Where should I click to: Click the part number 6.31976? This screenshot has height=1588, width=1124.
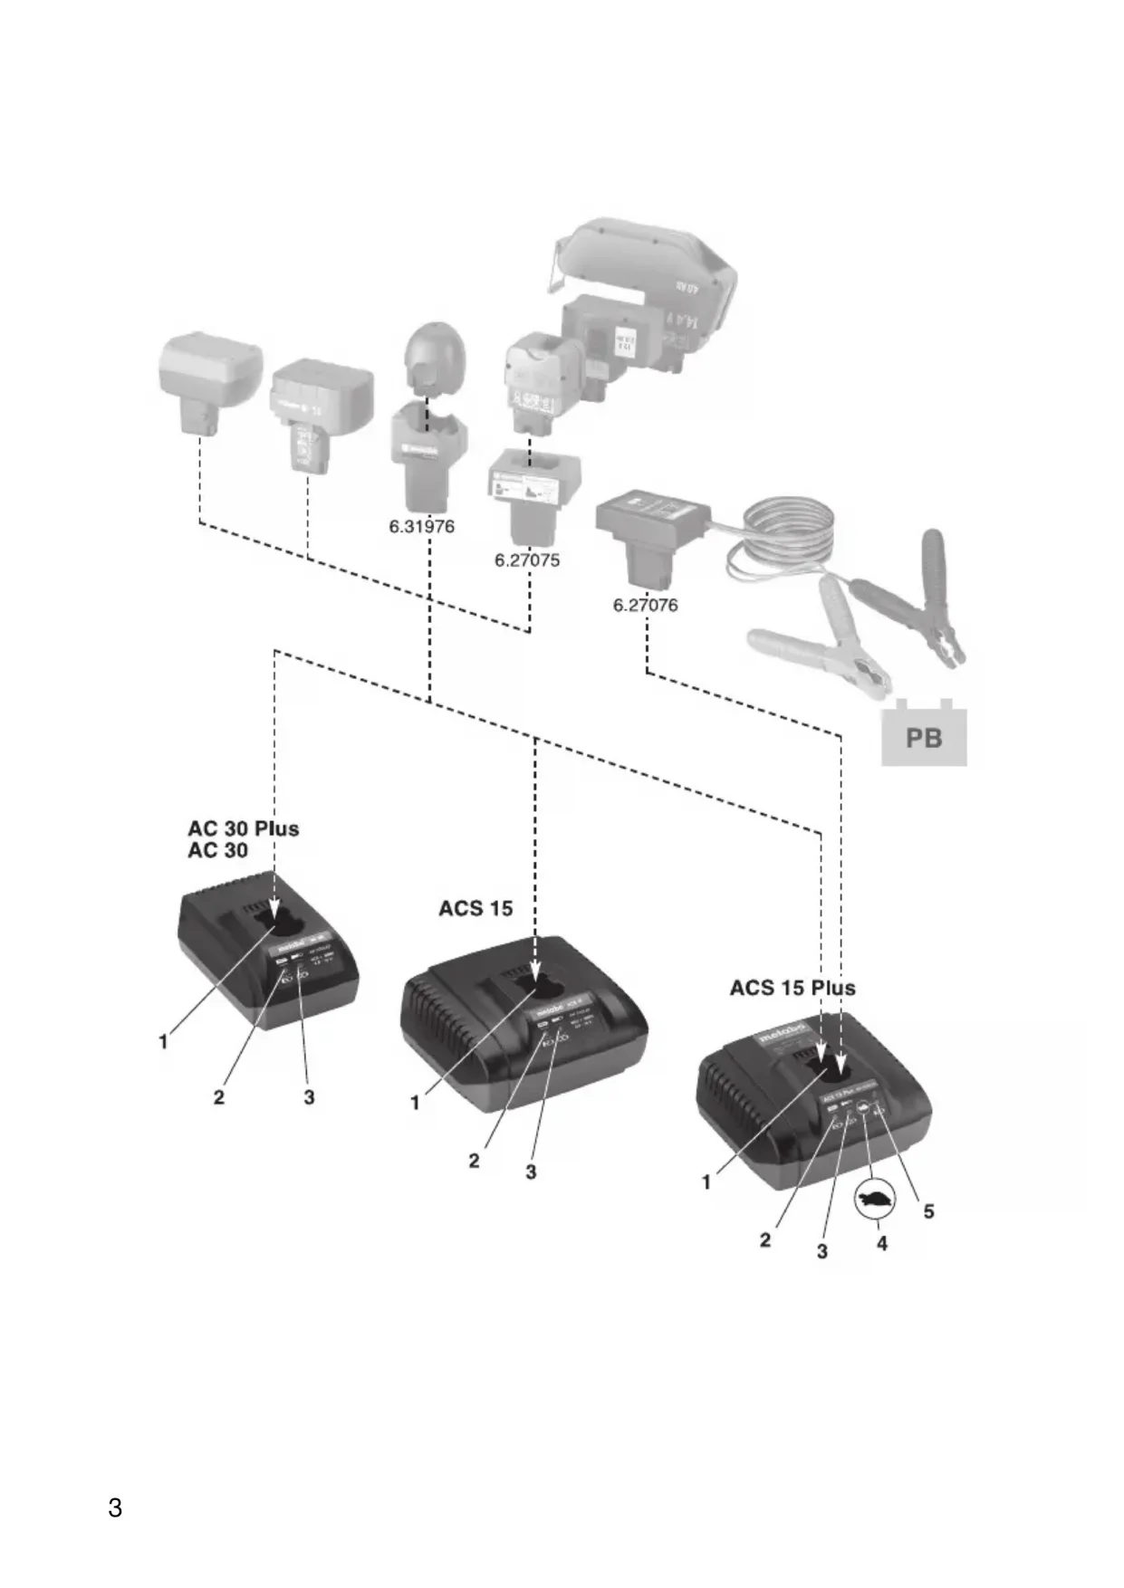pyautogui.click(x=422, y=526)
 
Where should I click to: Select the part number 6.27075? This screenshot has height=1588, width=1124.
pyautogui.click(x=527, y=560)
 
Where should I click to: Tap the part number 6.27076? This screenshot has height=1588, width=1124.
pyautogui.click(x=645, y=604)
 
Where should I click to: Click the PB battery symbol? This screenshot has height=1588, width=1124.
pyautogui.click(x=924, y=737)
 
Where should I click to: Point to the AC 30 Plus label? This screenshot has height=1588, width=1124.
pyautogui.click(x=243, y=828)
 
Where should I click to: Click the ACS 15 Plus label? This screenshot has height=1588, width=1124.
pyautogui.click(x=793, y=987)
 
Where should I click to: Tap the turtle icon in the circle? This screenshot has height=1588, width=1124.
pyautogui.click(x=875, y=1200)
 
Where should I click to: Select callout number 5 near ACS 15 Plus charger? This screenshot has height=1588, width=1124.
pyautogui.click(x=928, y=1211)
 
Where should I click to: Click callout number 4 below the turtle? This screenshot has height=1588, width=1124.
pyautogui.click(x=882, y=1243)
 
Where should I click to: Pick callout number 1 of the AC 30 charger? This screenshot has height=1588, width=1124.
pyautogui.click(x=164, y=1041)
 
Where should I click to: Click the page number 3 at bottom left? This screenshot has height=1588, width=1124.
pyautogui.click(x=115, y=1507)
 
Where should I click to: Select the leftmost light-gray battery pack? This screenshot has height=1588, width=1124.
pyautogui.click(x=210, y=380)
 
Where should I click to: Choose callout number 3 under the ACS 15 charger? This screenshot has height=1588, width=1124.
pyautogui.click(x=531, y=1172)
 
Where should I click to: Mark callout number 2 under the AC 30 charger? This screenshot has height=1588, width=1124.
pyautogui.click(x=218, y=1096)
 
